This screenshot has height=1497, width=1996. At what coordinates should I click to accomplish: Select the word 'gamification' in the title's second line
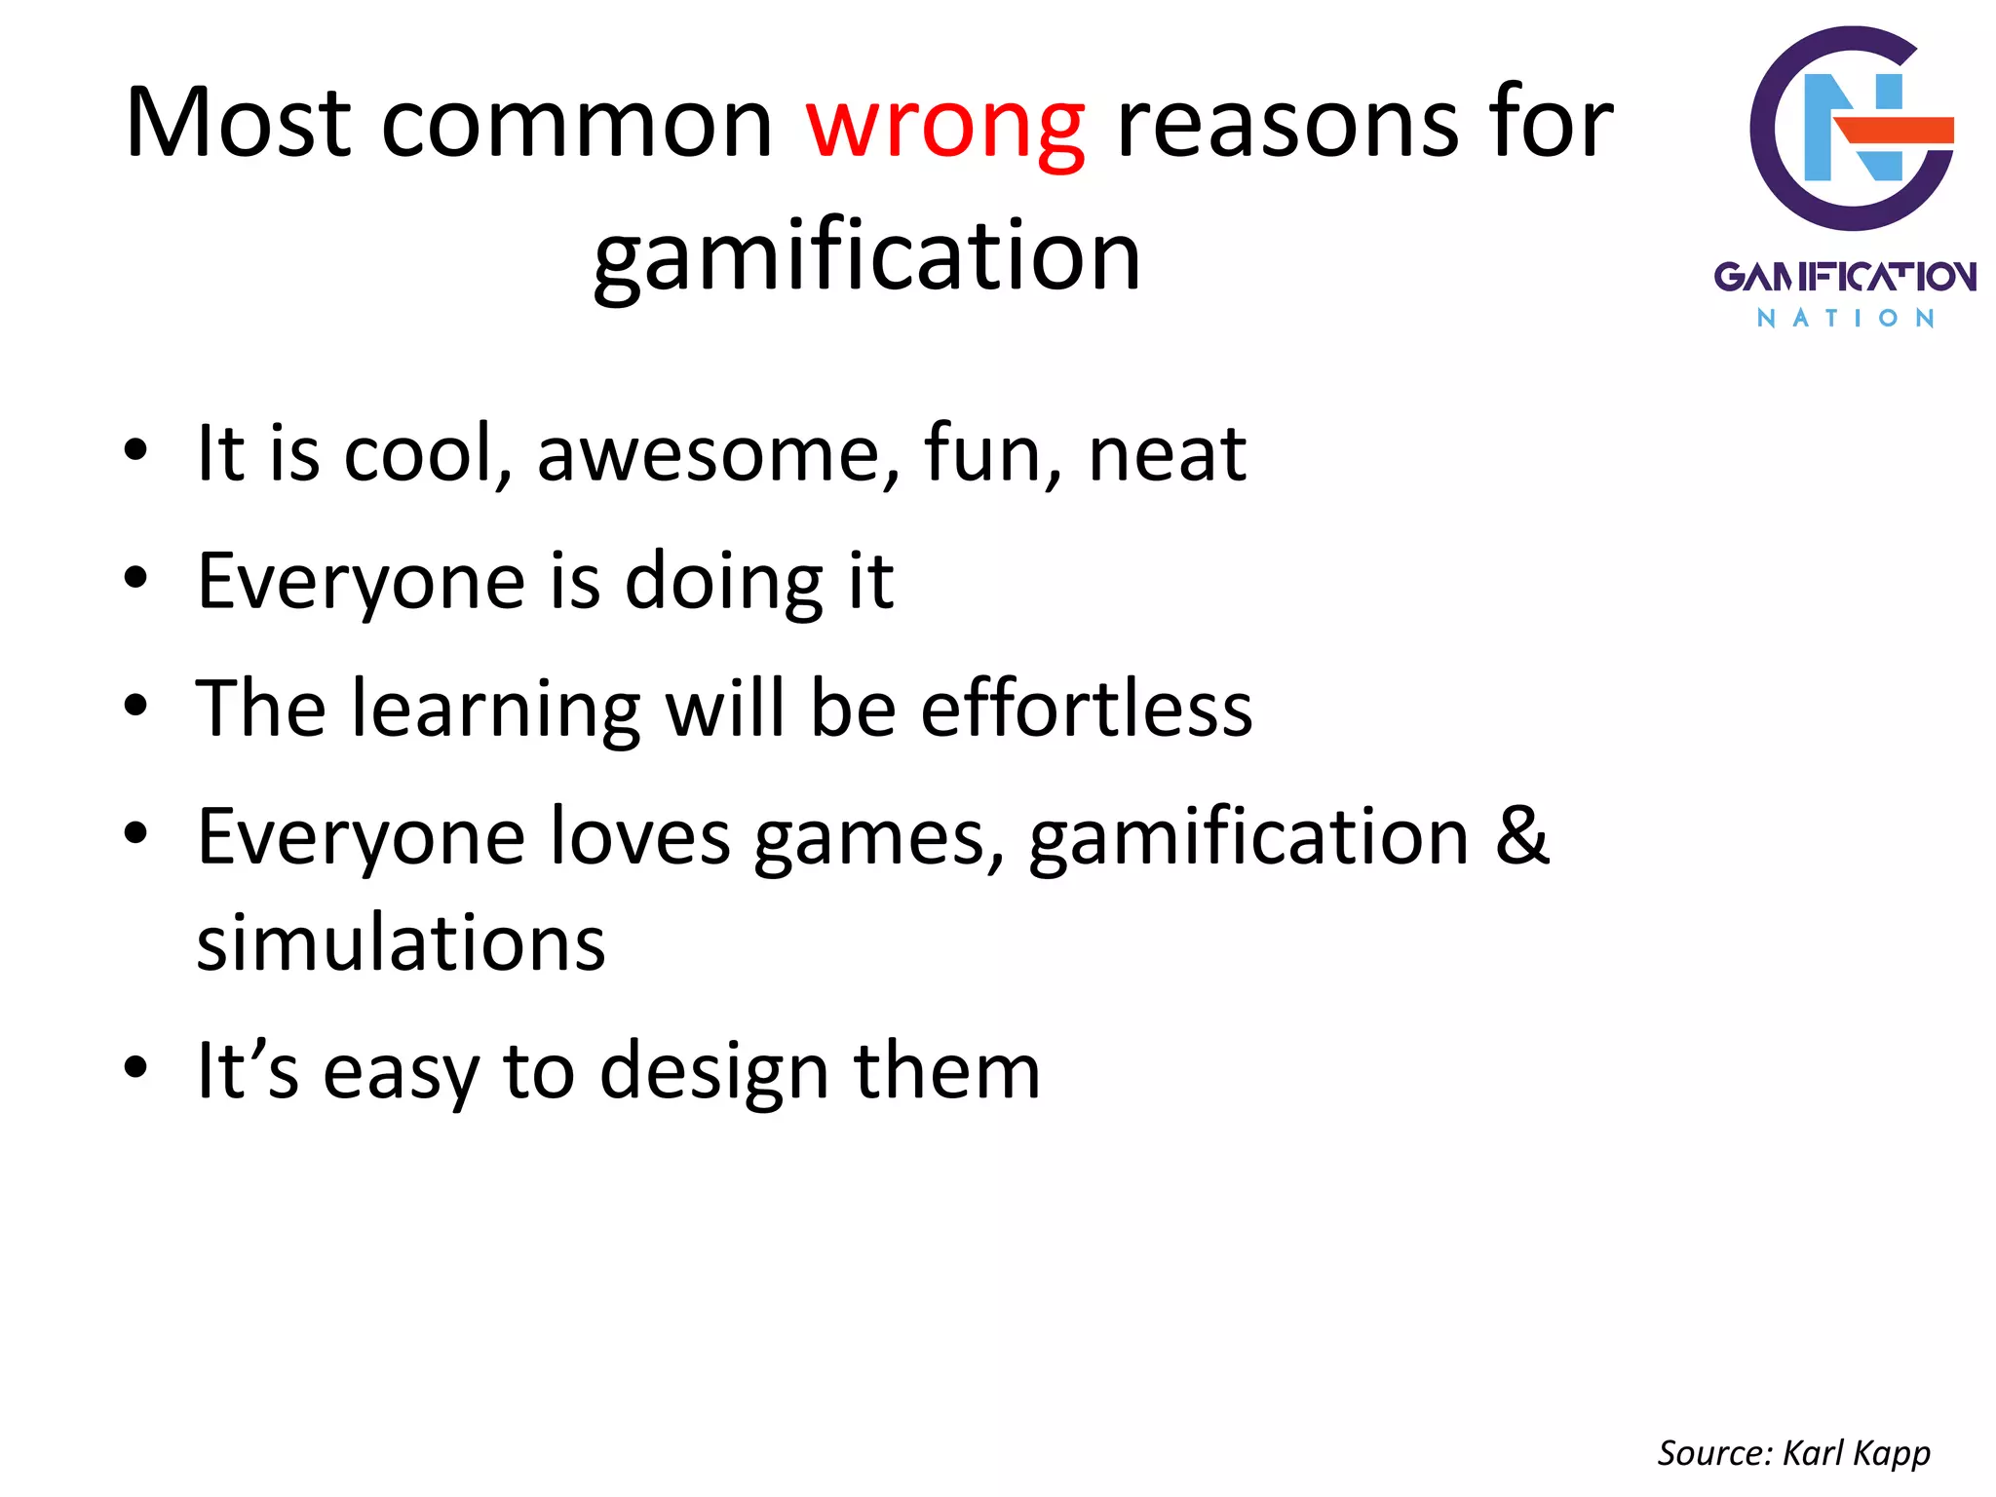866,255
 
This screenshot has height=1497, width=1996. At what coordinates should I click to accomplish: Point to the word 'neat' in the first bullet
1167,453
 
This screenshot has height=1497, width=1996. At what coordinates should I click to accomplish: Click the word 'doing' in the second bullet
724,581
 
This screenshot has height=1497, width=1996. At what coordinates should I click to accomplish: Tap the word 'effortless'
1086,709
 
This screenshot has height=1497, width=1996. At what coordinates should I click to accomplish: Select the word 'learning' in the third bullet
495,709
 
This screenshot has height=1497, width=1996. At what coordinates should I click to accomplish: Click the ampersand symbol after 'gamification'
1522,835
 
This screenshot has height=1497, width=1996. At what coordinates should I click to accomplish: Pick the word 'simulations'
401,942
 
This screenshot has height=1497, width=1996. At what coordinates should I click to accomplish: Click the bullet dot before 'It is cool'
135,451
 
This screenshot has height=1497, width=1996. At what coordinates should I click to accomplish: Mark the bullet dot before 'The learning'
135,706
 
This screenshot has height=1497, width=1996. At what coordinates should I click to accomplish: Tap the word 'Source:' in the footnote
1714,1453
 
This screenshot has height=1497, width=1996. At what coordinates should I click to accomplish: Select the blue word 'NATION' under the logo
1845,319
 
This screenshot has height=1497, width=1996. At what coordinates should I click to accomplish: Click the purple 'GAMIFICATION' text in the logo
1845,277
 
